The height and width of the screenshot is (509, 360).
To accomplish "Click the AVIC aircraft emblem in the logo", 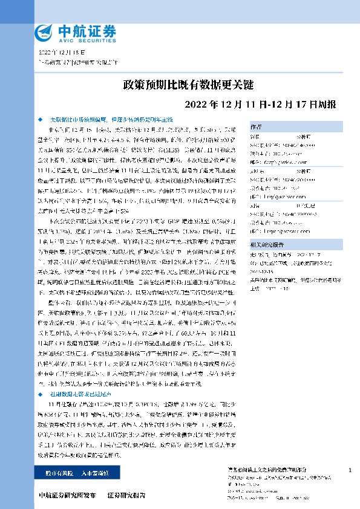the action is coord(45,33).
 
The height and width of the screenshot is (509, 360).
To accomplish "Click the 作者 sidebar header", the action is coord(256,126).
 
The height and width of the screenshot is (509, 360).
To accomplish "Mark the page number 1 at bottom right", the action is coord(350,470).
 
